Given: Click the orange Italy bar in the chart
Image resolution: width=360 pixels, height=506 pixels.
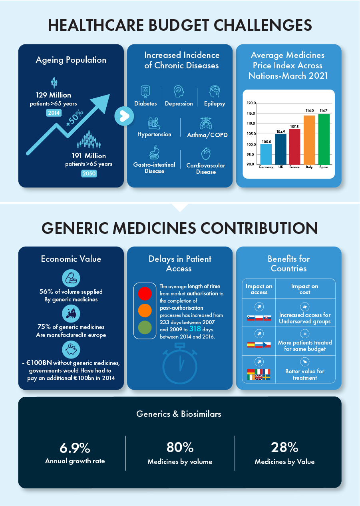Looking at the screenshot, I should point(309,139).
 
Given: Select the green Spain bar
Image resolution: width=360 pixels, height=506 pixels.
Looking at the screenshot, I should point(324,139).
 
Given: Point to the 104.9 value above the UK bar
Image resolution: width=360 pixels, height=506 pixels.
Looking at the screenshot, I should point(280,131).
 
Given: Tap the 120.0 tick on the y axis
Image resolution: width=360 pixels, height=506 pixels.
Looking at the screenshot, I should point(251,103).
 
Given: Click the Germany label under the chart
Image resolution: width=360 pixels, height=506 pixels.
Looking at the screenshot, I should point(266,167).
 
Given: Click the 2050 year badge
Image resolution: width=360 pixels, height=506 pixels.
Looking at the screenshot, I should point(89,173).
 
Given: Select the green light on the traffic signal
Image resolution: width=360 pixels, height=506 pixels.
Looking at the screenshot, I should point(145,328).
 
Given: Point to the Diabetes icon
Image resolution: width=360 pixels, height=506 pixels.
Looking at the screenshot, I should point(145,92).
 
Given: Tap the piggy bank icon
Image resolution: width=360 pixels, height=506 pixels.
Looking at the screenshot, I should point(71,350).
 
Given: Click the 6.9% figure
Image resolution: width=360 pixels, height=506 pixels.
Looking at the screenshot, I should point(75,448).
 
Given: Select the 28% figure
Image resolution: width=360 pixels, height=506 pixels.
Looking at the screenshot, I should point(284,448).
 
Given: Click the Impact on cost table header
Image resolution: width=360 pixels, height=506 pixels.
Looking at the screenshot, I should point(304,289).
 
